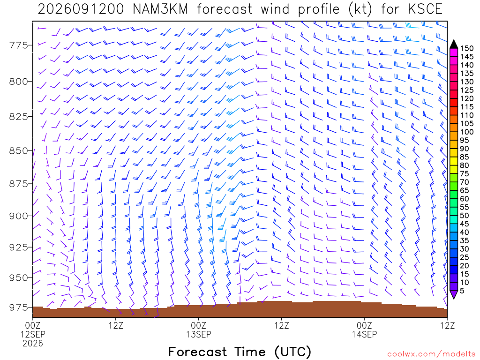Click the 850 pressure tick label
point(18,151)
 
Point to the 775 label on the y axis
point(18,45)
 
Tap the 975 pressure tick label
point(18,307)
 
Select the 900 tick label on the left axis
point(18,216)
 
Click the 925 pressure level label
point(18,247)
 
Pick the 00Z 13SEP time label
point(199,330)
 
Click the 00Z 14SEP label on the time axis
point(364,330)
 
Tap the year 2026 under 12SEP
point(33,344)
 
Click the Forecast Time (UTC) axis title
point(240,352)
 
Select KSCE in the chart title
point(425,9)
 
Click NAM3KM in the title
point(160,9)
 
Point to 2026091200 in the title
point(81,9)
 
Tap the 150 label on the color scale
point(467,48)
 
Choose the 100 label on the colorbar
point(467,132)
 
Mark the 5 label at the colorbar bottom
point(462,291)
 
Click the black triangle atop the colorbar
point(454,45)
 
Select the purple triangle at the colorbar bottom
point(454,294)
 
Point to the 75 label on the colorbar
point(465,174)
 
